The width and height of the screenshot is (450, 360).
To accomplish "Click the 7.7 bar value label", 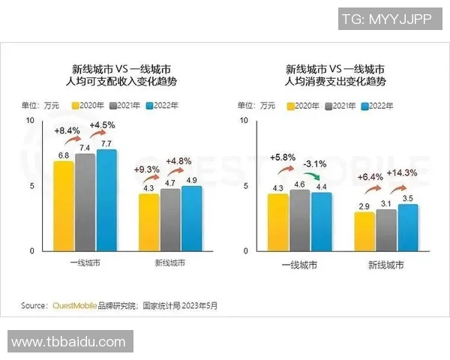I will (x=106, y=143).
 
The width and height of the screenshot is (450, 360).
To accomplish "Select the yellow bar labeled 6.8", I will (x=64, y=206).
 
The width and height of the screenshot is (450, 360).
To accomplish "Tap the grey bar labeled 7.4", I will (x=85, y=202).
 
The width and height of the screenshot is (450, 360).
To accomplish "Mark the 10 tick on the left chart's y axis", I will (x=29, y=120).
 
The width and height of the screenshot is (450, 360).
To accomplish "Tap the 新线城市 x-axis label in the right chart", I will (x=386, y=265).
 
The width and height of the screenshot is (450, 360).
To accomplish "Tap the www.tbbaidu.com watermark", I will (x=69, y=342).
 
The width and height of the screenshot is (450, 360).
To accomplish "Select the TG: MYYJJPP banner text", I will (x=386, y=19).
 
